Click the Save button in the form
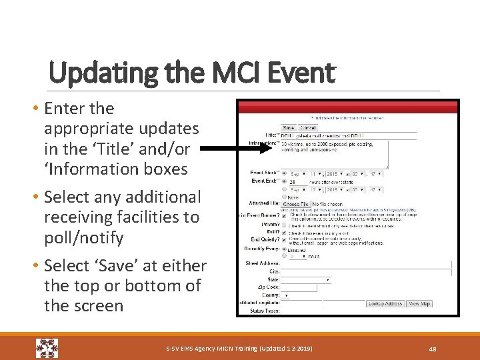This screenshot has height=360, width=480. pyautogui.click(x=288, y=127)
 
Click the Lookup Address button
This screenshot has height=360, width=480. pyautogui.click(x=385, y=303)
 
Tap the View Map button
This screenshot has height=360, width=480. pyautogui.click(x=419, y=303)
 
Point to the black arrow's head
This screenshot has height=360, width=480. pyautogui.click(x=274, y=150)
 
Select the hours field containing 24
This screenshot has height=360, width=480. pyautogui.click(x=295, y=181)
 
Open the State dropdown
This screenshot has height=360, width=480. pyautogui.click(x=306, y=279)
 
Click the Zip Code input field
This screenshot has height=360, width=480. pyautogui.click(x=301, y=287)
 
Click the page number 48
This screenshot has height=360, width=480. pyautogui.click(x=432, y=348)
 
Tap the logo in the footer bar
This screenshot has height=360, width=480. pyautogui.click(x=47, y=348)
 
